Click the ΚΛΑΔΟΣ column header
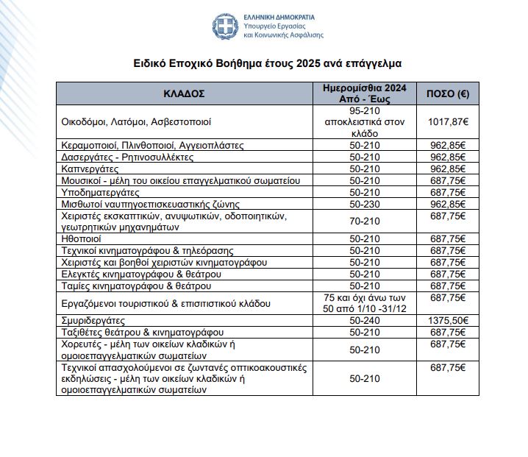point(184,94)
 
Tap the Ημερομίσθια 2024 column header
point(365,93)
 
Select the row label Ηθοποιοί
point(81,239)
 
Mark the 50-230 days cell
point(365,204)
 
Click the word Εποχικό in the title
point(190,63)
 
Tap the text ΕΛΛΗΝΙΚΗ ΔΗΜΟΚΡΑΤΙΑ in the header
point(285,16)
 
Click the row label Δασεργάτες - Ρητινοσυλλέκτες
point(126,157)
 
